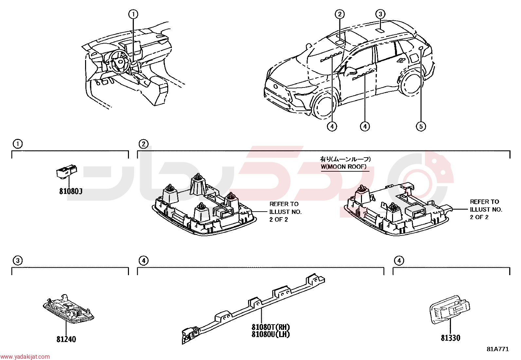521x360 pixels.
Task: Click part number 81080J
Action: (x=71, y=191)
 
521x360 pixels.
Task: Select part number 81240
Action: (x=66, y=339)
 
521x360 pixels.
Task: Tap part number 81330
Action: (x=451, y=338)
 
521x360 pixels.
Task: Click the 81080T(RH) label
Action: (x=271, y=327)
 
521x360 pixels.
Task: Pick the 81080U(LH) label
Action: (x=271, y=334)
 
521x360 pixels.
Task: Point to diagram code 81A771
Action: (x=498, y=349)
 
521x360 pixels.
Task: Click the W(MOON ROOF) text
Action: (x=344, y=166)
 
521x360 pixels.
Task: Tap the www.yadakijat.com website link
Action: (x=25, y=356)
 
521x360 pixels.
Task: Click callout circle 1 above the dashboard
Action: (x=133, y=14)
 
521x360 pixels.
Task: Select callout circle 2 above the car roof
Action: (x=340, y=14)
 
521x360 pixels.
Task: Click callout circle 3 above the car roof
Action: (x=380, y=14)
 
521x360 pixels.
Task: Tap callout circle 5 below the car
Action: (x=421, y=126)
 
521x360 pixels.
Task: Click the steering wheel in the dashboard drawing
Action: (x=119, y=62)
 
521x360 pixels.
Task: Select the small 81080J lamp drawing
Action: (x=67, y=172)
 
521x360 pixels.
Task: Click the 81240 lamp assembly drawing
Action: (x=69, y=309)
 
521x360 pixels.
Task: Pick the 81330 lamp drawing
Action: (x=449, y=309)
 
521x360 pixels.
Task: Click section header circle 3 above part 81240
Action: (x=18, y=260)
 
